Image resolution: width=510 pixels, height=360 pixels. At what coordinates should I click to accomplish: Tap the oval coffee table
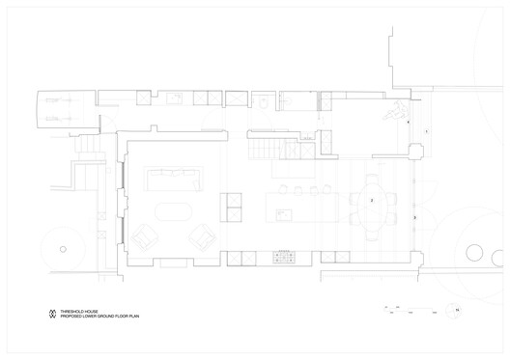[x=173, y=211]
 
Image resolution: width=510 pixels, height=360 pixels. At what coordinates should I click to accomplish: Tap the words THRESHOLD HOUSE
[x=79, y=311]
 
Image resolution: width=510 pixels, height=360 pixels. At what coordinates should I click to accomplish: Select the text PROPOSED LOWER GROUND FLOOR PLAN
[x=101, y=317]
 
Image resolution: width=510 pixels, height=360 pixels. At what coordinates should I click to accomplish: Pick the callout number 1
[x=426, y=129]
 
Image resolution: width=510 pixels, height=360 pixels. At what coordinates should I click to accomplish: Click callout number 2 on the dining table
[x=371, y=200]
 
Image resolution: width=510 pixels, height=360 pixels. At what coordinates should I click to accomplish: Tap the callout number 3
[x=414, y=220]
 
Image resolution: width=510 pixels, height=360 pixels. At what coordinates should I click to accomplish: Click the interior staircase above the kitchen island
[x=266, y=148]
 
